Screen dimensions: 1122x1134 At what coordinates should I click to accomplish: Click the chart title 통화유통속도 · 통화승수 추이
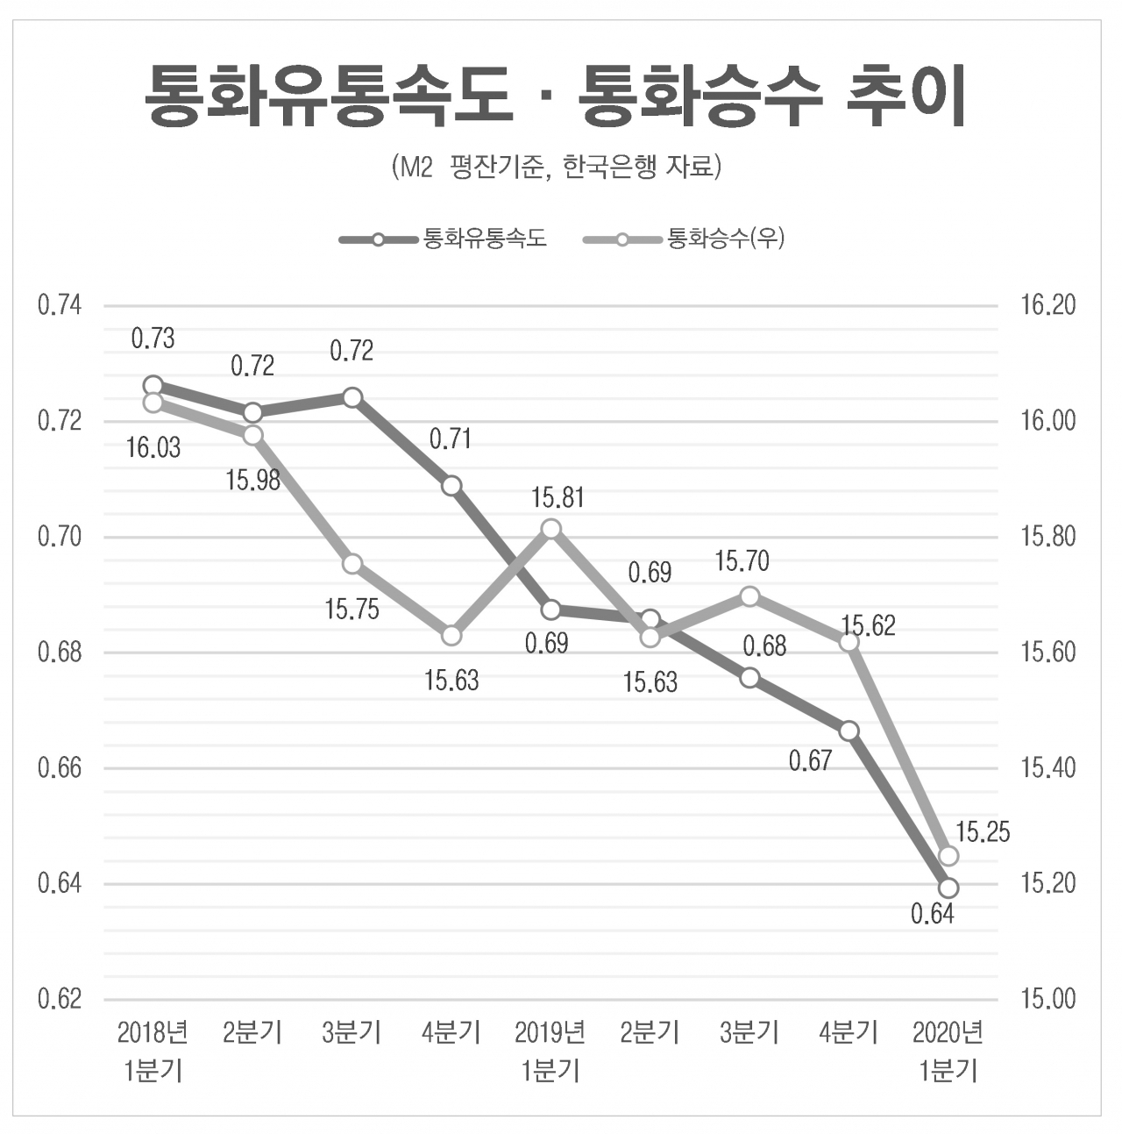[556, 96]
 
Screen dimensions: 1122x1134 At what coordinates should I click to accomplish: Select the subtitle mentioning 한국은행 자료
[556, 168]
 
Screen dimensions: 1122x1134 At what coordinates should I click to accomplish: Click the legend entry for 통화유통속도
[443, 239]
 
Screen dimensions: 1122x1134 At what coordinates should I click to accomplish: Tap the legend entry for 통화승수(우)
[684, 239]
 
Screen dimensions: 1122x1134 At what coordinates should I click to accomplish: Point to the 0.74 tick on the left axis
[60, 305]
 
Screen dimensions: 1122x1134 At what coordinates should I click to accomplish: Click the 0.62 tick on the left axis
[60, 999]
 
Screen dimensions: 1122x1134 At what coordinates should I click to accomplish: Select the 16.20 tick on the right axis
[1047, 305]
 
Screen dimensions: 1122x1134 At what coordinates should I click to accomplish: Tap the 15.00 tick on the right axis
[1047, 999]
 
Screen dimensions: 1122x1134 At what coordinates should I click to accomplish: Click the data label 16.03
[153, 448]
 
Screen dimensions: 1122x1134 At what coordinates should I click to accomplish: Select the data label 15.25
[983, 832]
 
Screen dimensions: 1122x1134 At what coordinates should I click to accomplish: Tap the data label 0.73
[153, 339]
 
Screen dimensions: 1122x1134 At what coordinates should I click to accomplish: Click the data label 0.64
[933, 914]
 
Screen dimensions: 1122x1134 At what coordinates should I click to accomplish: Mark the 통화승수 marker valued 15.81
[550, 529]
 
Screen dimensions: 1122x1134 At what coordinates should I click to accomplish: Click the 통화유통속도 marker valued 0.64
[948, 888]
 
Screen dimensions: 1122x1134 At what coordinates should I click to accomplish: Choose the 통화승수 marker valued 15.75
[352, 564]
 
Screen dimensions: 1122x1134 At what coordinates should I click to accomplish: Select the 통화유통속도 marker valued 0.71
[451, 486]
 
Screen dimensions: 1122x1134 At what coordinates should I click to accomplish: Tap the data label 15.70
[742, 561]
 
